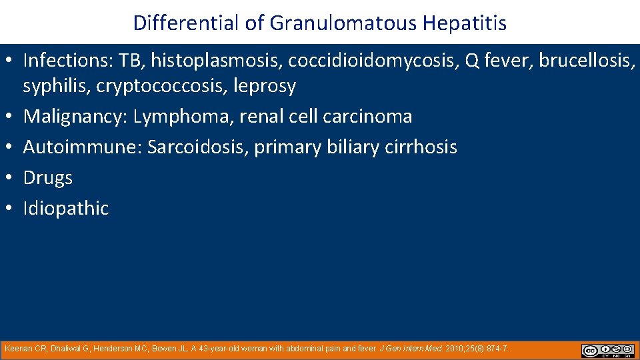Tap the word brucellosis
pyautogui.click(x=585, y=61)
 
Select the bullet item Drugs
pyautogui.click(x=47, y=178)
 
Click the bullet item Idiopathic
pyautogui.click(x=65, y=209)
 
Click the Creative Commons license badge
pyautogui.click(x=607, y=350)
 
